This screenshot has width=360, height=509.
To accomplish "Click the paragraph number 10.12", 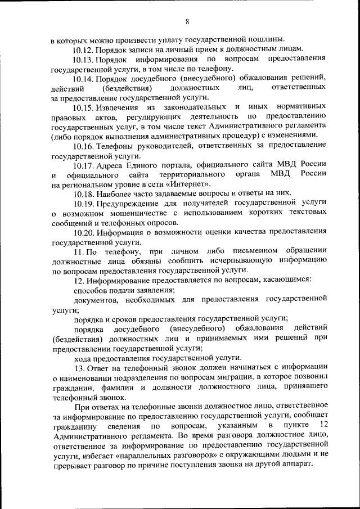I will [83, 49].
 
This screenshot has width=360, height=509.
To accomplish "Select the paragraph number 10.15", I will [83, 107].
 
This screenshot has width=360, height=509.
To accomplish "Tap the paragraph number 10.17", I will [83, 164].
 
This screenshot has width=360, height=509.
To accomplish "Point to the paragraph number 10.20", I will [83, 232].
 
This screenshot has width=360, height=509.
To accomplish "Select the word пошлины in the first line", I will [267, 39].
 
